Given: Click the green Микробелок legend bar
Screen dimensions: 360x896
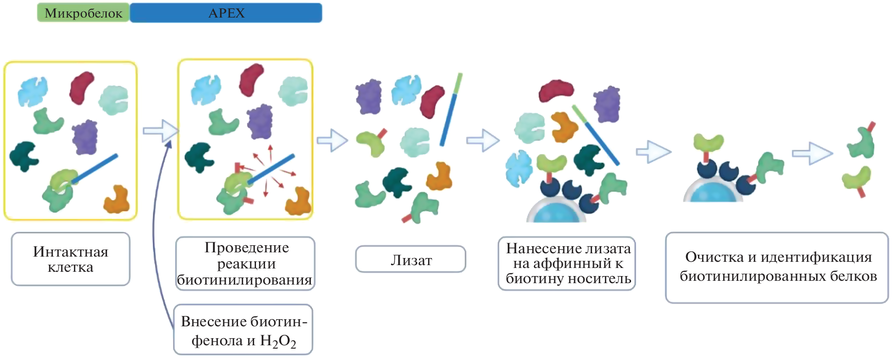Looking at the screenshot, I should click(83, 13).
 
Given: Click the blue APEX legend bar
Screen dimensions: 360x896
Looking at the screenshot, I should click(226, 13).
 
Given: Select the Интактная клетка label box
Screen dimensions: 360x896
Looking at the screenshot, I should click(71, 259).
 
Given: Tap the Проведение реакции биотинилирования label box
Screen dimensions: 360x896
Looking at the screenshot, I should click(245, 263).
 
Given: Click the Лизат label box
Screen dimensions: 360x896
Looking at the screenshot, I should click(411, 259).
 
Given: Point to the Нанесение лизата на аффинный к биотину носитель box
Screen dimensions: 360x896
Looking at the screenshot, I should click(567, 263).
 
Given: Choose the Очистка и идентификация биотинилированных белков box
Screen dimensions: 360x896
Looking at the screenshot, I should click(777, 267).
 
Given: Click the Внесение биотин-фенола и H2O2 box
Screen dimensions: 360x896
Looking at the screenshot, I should click(243, 330).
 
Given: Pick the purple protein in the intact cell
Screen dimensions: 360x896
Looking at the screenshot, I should click(85, 138).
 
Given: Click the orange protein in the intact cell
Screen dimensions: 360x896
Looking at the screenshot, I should click(117, 199).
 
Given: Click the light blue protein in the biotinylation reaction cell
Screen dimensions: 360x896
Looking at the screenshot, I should click(205, 89).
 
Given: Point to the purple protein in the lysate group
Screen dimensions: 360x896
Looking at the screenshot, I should click(369, 97).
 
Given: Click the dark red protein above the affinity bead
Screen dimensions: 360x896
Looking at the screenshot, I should click(556, 90).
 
